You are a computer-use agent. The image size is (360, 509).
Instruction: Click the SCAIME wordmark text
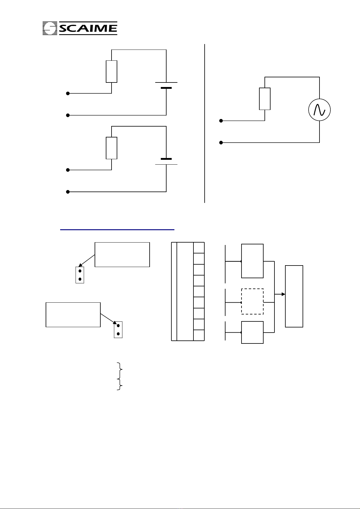[x=88, y=28]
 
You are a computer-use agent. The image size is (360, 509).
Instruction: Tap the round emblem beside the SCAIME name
[x=50, y=28]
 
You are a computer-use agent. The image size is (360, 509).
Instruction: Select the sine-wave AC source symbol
[x=319, y=110]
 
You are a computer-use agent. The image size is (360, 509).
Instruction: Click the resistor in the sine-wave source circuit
[x=265, y=99]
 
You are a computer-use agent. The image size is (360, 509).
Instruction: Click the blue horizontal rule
[x=117, y=230]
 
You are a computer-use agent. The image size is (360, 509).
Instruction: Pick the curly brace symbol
[x=120, y=376]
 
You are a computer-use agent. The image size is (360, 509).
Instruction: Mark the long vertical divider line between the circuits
[x=205, y=123]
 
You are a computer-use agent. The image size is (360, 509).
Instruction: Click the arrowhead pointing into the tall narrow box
[x=283, y=294]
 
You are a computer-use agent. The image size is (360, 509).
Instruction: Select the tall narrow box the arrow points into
[x=294, y=296]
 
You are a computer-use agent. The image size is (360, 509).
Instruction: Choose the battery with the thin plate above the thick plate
[x=166, y=85]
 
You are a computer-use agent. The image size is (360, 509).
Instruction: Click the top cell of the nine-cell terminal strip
[x=199, y=248]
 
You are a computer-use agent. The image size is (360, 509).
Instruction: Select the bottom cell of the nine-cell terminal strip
[x=199, y=335]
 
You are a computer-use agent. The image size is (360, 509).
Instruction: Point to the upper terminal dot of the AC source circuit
[x=221, y=121]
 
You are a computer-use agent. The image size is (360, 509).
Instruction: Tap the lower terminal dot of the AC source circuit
[x=221, y=143]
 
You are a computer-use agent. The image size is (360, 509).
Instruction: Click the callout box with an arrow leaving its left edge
[x=122, y=254]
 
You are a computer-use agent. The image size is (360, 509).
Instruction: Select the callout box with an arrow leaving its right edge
[x=73, y=315]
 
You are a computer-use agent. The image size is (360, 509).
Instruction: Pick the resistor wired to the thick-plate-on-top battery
[x=112, y=148]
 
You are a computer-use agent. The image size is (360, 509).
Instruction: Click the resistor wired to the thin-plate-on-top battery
[x=112, y=72]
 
